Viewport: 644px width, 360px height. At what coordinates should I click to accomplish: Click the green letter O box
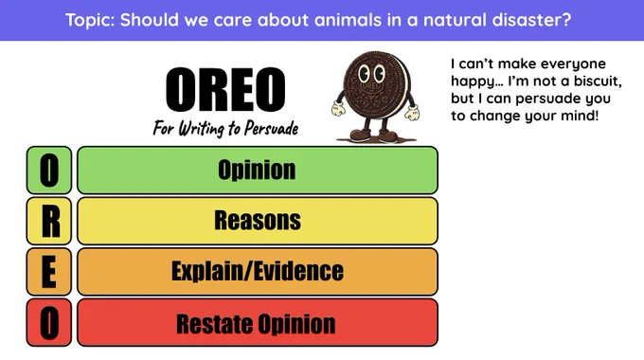click(x=49, y=171)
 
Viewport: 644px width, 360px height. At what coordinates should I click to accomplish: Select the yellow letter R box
click(x=49, y=221)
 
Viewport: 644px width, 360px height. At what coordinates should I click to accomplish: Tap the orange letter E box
click(x=49, y=272)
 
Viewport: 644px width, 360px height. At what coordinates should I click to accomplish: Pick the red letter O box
click(x=49, y=323)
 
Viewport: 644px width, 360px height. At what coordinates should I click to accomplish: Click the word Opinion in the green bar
click(x=257, y=171)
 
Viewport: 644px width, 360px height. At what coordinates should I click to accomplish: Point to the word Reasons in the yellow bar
click(x=258, y=221)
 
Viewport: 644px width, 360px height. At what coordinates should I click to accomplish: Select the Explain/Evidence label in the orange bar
click(x=258, y=271)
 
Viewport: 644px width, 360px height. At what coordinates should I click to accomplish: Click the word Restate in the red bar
click(x=214, y=324)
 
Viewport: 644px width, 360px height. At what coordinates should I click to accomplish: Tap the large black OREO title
click(x=225, y=89)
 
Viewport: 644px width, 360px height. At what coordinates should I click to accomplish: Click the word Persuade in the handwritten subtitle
click(x=271, y=129)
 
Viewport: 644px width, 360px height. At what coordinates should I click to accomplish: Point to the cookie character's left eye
click(x=365, y=74)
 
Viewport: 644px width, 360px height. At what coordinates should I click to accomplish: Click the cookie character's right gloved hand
click(x=412, y=113)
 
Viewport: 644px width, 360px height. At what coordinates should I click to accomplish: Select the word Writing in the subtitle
click(x=201, y=129)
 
